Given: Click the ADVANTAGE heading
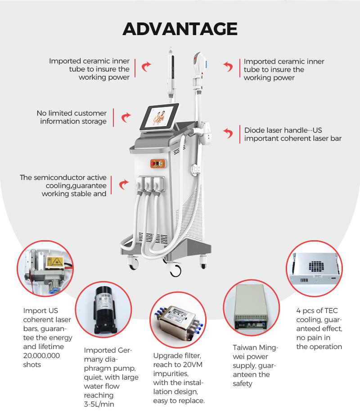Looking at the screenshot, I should pyautogui.click(x=180, y=29).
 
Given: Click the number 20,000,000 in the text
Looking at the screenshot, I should pyautogui.click(x=41, y=356).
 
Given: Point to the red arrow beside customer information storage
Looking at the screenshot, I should pyautogui.click(x=126, y=117).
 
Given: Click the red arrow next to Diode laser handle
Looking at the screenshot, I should pyautogui.click(x=229, y=133).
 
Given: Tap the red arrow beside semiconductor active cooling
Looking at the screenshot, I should pyautogui.click(x=123, y=184).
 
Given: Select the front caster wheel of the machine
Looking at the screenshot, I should pyautogui.click(x=175, y=270).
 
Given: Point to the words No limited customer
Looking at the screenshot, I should pyautogui.click(x=72, y=113).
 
